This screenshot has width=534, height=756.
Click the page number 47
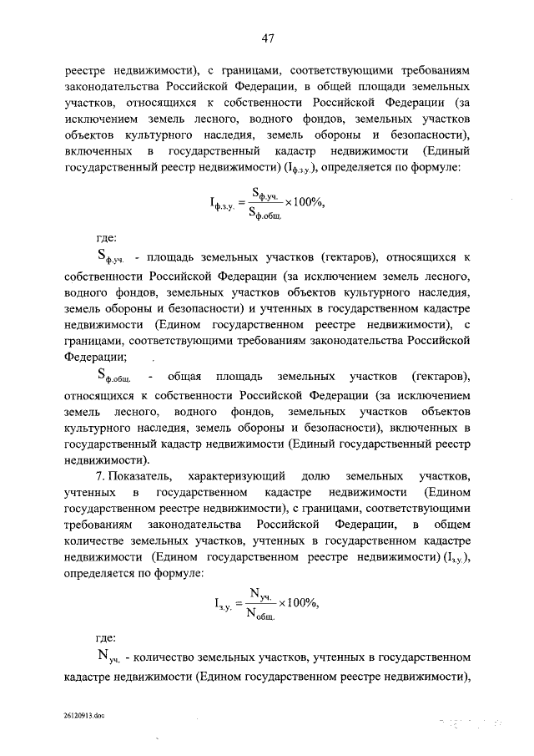(267, 38)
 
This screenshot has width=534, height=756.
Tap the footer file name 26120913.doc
(83, 717)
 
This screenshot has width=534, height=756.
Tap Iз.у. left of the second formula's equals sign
(228, 606)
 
